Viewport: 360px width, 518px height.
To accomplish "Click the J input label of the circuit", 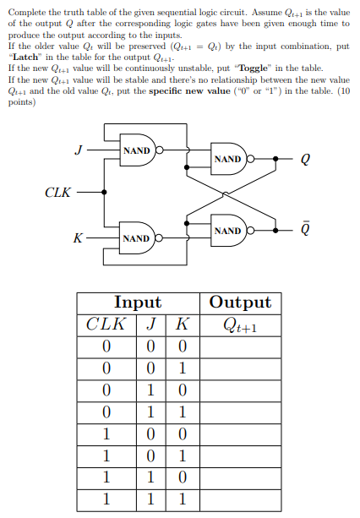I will pyautogui.click(x=78, y=151).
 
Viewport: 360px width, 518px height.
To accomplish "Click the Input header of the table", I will pyautogui.click(x=138, y=303).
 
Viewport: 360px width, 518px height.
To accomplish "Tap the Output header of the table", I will pyautogui.click(x=240, y=303).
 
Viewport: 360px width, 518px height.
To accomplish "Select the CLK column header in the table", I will pyautogui.click(x=106, y=324).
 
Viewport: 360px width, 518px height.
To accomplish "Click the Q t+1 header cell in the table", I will pyautogui.click(x=240, y=324).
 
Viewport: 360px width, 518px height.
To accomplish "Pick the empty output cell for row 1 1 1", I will pyautogui.click(x=240, y=499).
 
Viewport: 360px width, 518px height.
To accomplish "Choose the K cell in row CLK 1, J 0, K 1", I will pyautogui.click(x=180, y=455).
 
